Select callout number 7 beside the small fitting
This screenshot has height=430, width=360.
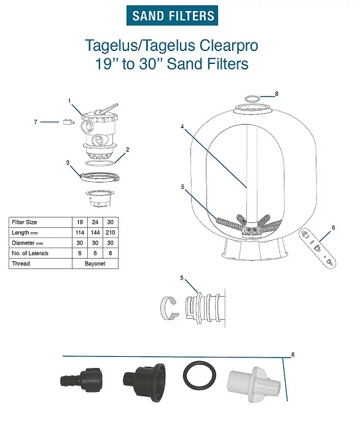click(x=36, y=122)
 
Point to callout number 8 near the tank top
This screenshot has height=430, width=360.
click(x=276, y=93)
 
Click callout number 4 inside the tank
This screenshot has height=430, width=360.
click(x=182, y=127)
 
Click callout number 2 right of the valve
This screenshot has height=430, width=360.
click(x=127, y=149)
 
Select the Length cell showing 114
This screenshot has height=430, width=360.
click(x=80, y=232)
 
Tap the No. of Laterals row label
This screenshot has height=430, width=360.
click(x=30, y=253)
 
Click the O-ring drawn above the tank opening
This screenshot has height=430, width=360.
click(x=252, y=98)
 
